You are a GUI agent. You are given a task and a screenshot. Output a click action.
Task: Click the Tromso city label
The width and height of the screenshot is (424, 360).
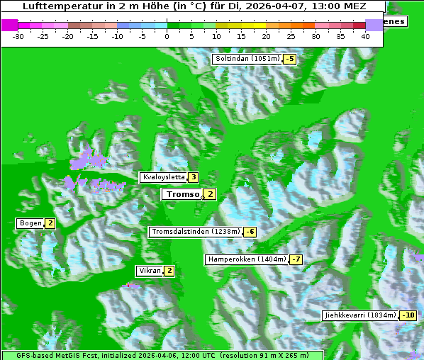click(x=182, y=194)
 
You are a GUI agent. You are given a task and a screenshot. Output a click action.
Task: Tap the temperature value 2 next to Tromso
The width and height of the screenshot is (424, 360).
click(x=210, y=194)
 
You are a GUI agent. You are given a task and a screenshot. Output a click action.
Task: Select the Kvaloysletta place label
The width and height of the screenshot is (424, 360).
click(x=163, y=177)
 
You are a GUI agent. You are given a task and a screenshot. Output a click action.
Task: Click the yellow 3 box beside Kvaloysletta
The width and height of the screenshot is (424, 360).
click(x=193, y=177)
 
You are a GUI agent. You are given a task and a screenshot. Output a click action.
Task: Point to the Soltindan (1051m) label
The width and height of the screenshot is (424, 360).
click(x=247, y=59)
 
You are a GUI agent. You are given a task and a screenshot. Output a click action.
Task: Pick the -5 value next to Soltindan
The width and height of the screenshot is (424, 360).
click(x=289, y=59)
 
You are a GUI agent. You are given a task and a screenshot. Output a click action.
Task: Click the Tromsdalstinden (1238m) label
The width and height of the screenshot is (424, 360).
click(x=195, y=232)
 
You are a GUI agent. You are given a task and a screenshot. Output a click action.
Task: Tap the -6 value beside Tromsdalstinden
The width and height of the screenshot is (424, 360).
click(x=250, y=232)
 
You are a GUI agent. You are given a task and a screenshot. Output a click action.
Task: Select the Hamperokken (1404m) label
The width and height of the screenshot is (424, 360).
click(x=247, y=259)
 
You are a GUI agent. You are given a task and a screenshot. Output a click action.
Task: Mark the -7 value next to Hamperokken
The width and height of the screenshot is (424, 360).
click(x=296, y=259)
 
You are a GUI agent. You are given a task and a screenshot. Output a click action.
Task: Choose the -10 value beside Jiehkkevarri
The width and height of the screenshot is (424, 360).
click(x=408, y=315)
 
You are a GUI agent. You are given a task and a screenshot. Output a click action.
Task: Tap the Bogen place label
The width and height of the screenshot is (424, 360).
click(x=30, y=223)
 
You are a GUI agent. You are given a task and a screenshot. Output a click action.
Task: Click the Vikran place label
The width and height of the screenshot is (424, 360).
click(x=150, y=271)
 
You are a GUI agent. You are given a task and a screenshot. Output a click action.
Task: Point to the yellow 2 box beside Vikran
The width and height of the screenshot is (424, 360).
click(x=169, y=271)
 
